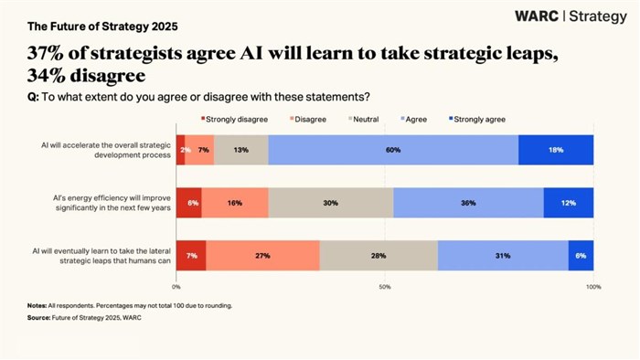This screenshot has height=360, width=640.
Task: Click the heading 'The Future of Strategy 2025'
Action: [x=76, y=16]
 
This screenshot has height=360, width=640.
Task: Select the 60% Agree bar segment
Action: [x=393, y=150]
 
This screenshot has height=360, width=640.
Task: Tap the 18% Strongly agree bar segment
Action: [x=556, y=150]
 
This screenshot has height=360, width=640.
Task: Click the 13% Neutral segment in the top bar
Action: [x=241, y=150]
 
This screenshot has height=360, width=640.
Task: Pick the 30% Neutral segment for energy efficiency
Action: [x=331, y=203]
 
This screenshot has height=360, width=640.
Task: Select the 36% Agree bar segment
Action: [x=468, y=203]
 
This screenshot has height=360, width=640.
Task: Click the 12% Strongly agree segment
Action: [x=568, y=203]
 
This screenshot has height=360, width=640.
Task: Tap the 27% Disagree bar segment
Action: [x=263, y=256]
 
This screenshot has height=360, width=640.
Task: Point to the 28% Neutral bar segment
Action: [x=379, y=256]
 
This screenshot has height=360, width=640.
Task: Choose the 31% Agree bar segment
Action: [x=503, y=256]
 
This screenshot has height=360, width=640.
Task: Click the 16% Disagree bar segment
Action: [x=235, y=203]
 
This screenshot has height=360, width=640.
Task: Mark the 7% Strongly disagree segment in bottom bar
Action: [x=191, y=256]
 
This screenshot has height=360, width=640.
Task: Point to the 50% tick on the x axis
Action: [x=385, y=287]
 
